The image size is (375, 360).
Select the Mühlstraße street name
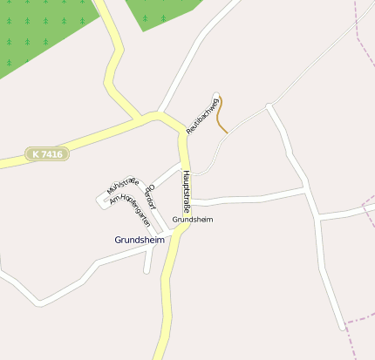coord(122,183)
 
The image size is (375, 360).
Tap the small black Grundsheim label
coord(193,219)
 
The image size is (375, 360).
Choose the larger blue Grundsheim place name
coord(140,239)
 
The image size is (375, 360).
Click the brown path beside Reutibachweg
coord(222,115)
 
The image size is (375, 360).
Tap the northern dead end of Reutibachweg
coord(216,93)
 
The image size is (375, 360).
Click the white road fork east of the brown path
coord(269,107)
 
